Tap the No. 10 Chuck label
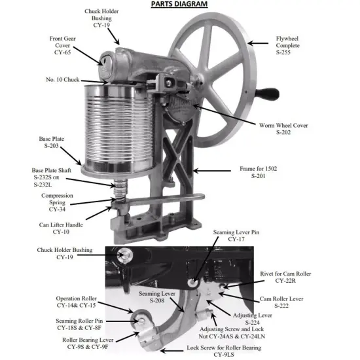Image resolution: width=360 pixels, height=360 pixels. pos(62,79)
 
